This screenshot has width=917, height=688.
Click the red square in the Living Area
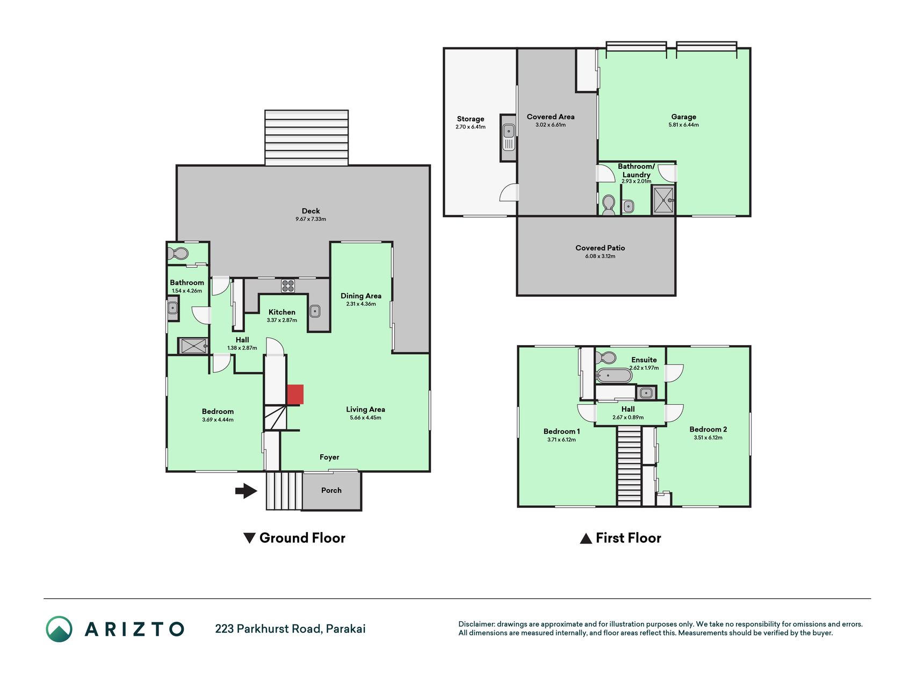295,395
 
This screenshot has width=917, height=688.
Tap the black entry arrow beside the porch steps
247,491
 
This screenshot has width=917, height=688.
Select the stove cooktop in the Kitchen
288,285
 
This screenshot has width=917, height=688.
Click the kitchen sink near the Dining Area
315,311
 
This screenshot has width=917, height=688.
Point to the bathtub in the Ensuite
614,375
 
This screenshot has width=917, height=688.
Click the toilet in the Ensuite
606,358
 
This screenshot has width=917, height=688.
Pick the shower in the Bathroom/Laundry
663,200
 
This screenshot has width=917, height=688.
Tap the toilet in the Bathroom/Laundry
609,205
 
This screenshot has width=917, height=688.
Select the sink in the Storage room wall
508,137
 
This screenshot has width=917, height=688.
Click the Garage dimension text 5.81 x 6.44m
684,125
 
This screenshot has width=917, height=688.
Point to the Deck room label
311,211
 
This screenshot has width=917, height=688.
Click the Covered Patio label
600,248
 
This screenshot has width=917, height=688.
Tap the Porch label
331,490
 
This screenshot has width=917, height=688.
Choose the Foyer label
329,457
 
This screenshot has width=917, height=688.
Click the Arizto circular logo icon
59,629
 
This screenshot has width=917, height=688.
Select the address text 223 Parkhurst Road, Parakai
290,629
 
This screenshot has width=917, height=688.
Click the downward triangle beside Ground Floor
249,538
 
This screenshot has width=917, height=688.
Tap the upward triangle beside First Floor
586,538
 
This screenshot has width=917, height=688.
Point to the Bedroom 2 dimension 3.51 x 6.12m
708,438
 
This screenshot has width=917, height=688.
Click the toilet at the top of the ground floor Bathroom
178,253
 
